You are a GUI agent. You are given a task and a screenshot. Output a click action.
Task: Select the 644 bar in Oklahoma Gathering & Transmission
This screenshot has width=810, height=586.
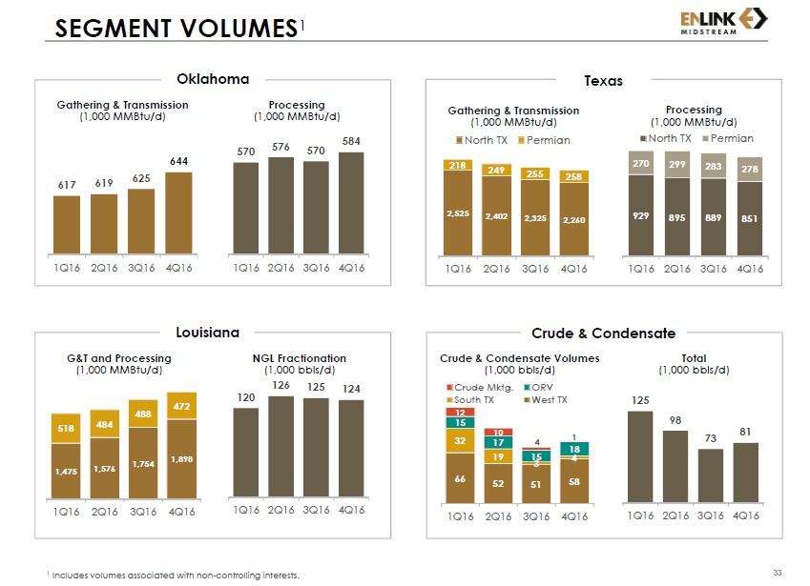click(x=179, y=214)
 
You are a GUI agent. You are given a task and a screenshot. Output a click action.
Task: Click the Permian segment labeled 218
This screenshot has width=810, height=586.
click(x=459, y=165)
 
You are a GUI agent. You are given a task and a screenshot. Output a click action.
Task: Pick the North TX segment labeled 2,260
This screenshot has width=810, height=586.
click(x=573, y=219)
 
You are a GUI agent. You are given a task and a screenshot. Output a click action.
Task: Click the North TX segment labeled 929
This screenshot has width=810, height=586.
click(x=640, y=216)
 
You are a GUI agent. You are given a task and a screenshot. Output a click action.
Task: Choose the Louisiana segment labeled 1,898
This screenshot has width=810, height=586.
click(x=180, y=459)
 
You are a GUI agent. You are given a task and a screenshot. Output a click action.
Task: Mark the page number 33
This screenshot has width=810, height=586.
click(x=777, y=572)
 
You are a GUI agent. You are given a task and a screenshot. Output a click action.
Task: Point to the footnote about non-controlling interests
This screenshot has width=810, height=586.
click(x=173, y=575)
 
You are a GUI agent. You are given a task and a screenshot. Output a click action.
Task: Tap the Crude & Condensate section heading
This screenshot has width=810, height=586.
click(x=603, y=333)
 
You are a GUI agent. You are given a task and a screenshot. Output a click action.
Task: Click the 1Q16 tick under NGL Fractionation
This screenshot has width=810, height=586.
click(x=246, y=510)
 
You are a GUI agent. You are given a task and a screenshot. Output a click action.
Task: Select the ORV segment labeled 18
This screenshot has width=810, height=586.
click(x=573, y=449)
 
